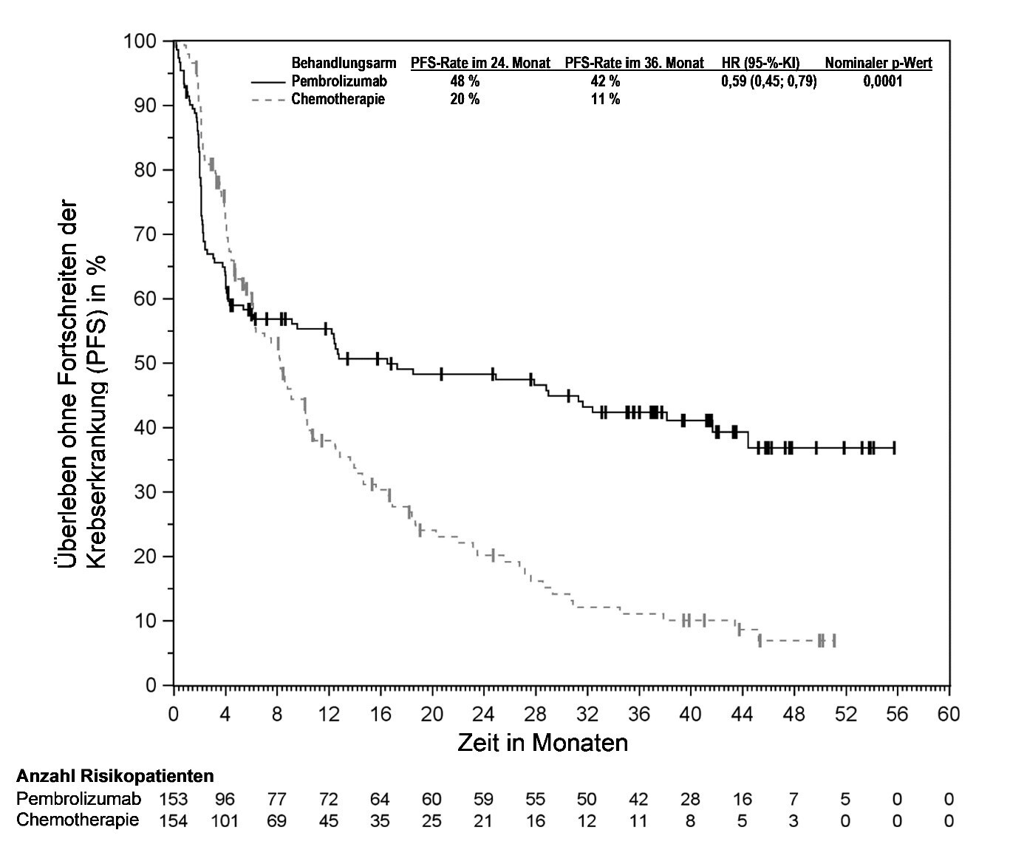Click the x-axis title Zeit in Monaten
(542, 742)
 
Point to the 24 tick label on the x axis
(483, 715)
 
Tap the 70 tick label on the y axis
(146, 234)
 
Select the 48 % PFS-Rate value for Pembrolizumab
(465, 81)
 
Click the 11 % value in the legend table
(605, 99)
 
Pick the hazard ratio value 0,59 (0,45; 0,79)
(768, 81)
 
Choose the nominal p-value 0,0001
(882, 81)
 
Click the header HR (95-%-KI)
(760, 64)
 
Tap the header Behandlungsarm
(344, 64)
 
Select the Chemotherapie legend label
(338, 99)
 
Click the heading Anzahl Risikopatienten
(115, 776)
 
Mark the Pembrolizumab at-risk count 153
(174, 799)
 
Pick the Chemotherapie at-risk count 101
(225, 820)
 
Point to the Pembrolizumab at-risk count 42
(638, 799)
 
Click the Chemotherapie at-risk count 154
(174, 820)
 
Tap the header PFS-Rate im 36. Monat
(634, 64)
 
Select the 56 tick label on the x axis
(897, 715)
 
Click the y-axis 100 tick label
(140, 41)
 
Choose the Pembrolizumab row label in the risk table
(78, 799)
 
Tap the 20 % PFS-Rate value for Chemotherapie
(465, 99)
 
